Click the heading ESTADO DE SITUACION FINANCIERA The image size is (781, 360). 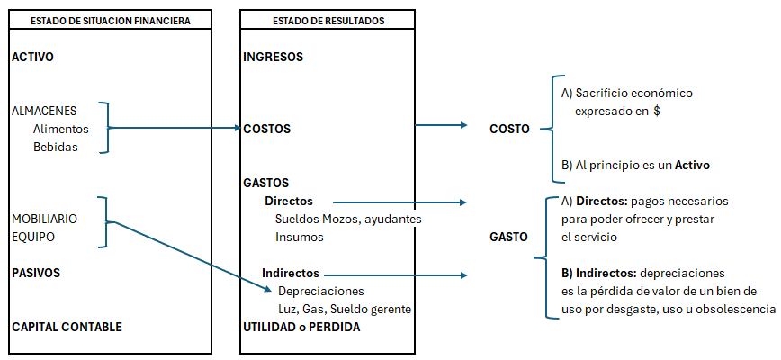pyautogui.click(x=110, y=21)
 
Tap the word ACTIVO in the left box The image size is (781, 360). pyautogui.click(x=33, y=58)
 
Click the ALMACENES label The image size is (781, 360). pyautogui.click(x=44, y=111)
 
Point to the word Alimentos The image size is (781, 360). pyautogui.click(x=60, y=129)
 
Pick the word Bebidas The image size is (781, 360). pyautogui.click(x=56, y=147)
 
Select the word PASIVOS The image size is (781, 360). pyautogui.click(x=35, y=272)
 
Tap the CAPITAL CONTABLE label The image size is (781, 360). pyautogui.click(x=67, y=327)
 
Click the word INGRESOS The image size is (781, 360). pyautogui.click(x=273, y=58)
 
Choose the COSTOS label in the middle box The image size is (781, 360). pyautogui.click(x=267, y=129)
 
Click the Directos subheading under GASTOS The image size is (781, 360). pyautogui.click(x=288, y=201)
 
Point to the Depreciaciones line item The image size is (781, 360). pyautogui.click(x=321, y=291)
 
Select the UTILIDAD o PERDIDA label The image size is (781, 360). pyautogui.click(x=301, y=327)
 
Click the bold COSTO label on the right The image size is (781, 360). pyautogui.click(x=509, y=129)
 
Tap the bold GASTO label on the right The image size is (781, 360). pyautogui.click(x=508, y=237)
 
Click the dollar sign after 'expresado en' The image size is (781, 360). pyautogui.click(x=658, y=111)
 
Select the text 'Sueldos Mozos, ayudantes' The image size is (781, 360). pyautogui.click(x=348, y=219)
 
